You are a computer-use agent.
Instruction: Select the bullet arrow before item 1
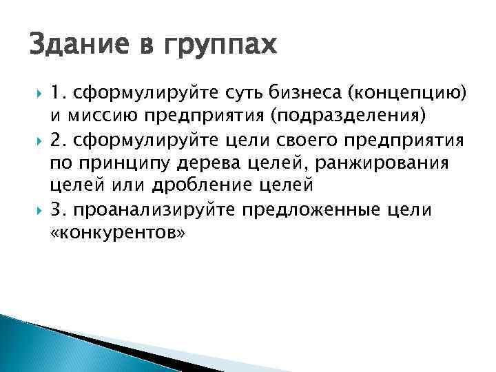tap(37, 91)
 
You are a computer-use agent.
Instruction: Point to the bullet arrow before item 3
tap(37, 209)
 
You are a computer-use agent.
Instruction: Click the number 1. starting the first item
tap(57, 91)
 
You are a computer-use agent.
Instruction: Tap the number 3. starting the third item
tap(58, 209)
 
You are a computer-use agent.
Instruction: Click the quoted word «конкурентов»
tap(118, 232)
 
